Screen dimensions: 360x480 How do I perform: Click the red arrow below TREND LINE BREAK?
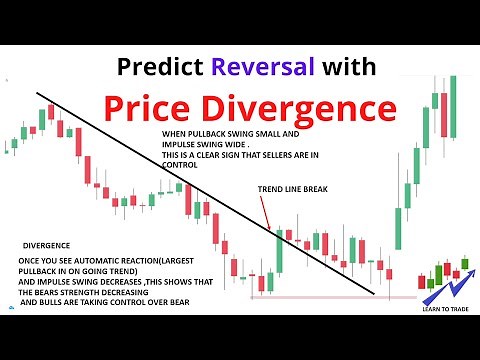coord(268,211)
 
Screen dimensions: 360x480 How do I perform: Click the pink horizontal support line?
coord(330,297)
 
